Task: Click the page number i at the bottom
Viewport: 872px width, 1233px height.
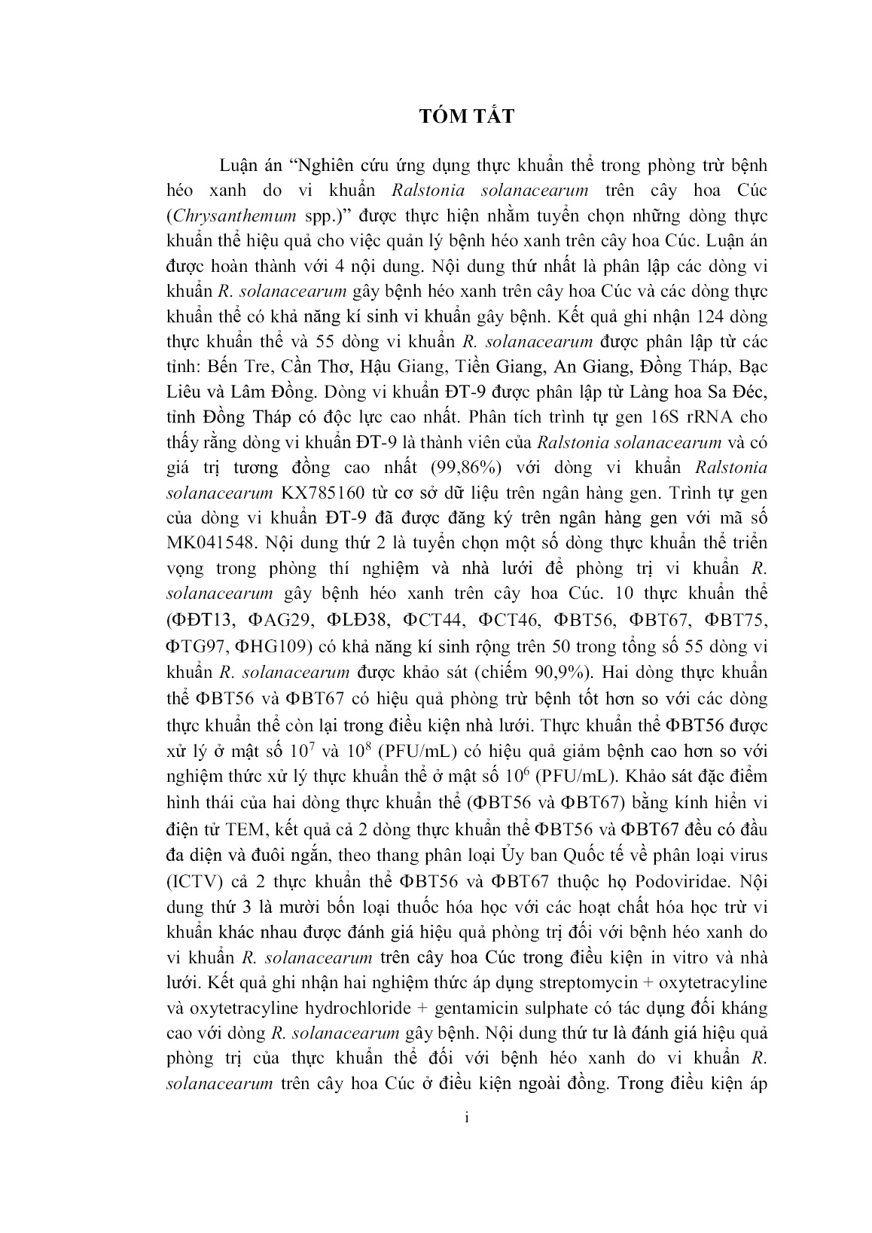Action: (467, 1140)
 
